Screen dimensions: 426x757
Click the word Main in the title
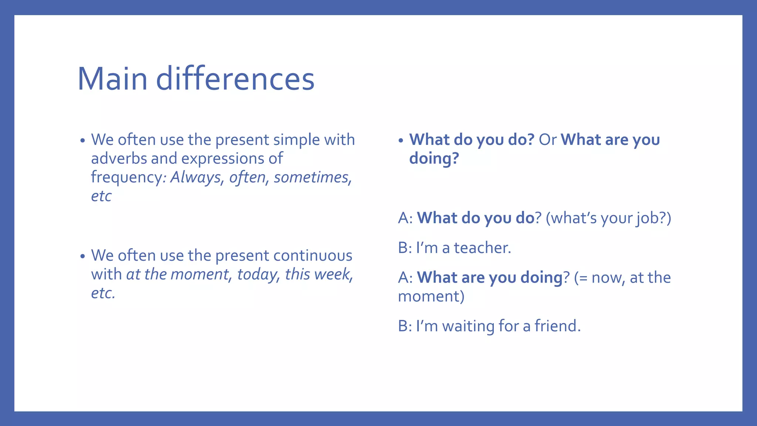pos(112,79)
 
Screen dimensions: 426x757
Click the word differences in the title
pos(235,79)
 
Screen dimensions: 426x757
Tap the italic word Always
pos(196,177)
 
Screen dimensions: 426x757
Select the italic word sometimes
pos(311,177)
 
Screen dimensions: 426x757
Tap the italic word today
pos(257,274)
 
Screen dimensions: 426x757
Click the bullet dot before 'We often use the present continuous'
pos(82,256)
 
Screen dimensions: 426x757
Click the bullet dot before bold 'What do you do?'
pos(401,141)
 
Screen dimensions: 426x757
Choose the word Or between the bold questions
pos(547,140)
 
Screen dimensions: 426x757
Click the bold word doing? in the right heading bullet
pos(434,159)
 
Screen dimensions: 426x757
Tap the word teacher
pos(482,248)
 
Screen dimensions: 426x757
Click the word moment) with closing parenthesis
pos(431,297)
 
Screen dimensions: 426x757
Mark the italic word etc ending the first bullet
pos(101,196)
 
